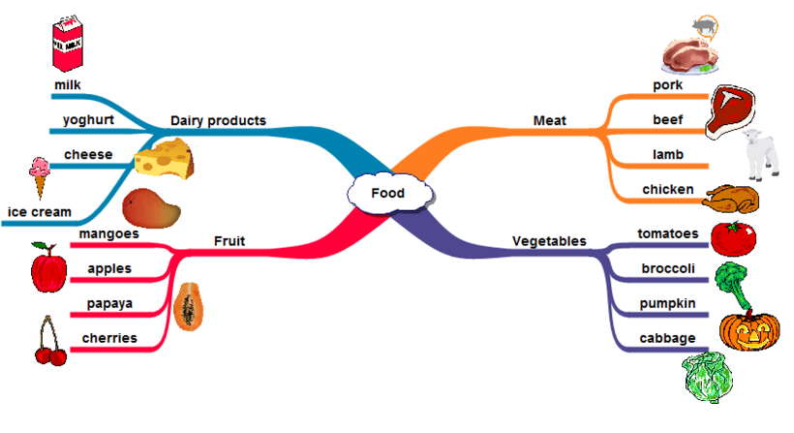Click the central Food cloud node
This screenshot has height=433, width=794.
(x=387, y=193)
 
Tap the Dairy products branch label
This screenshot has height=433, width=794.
(x=218, y=120)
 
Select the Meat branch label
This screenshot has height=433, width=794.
(x=549, y=120)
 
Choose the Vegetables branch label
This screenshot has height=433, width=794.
(x=549, y=240)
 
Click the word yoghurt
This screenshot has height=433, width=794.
(x=88, y=120)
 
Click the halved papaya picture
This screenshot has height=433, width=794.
(x=190, y=305)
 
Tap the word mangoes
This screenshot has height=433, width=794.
(x=108, y=233)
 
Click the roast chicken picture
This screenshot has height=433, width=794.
(x=732, y=199)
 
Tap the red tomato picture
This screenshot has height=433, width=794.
(x=733, y=236)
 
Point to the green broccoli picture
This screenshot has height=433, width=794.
(x=732, y=282)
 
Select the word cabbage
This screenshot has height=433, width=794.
(x=667, y=338)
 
